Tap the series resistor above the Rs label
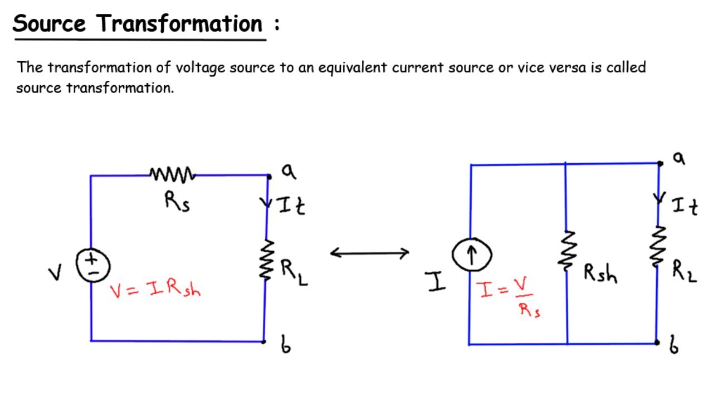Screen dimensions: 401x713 point(173,175)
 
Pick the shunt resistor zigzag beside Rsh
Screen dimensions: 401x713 point(567,251)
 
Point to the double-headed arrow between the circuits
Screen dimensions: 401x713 point(370,253)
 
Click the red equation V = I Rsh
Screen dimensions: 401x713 point(155,289)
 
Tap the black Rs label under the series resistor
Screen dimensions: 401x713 point(177,202)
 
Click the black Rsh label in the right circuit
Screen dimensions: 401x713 point(600,273)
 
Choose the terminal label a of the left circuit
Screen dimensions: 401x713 point(288,171)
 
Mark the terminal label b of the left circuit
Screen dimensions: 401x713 point(285,345)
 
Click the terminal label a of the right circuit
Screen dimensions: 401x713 point(678,158)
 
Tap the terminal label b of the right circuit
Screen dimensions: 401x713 point(674,347)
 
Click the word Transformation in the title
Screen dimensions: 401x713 point(179,24)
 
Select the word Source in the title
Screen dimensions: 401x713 point(50,24)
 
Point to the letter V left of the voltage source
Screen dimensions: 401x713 point(55,273)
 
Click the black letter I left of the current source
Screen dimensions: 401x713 point(437,282)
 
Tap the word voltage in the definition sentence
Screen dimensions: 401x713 point(197,68)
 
